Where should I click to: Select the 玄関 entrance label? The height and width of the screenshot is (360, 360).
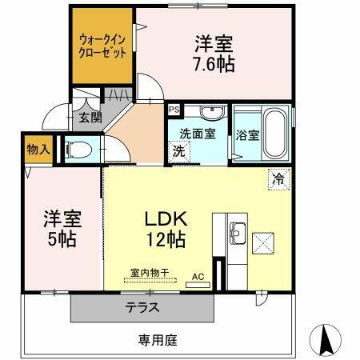[x=90, y=118]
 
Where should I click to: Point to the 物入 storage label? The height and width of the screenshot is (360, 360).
[x=37, y=149]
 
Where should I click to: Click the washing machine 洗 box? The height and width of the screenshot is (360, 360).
[x=179, y=150]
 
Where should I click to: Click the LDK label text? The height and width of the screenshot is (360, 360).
[x=166, y=218]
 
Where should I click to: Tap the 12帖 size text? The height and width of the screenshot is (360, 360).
[x=166, y=238]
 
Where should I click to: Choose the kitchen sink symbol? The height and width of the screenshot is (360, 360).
[x=237, y=234]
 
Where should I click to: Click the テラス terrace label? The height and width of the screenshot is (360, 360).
[x=141, y=307]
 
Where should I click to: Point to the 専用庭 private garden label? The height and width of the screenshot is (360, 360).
[x=155, y=340]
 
